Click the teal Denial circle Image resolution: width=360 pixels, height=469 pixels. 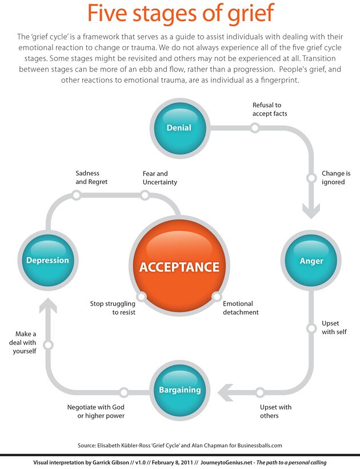click(179, 127)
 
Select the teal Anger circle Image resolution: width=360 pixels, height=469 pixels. click(311, 260)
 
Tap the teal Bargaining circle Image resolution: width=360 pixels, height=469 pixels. click(179, 390)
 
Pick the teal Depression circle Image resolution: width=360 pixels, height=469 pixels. click(47, 260)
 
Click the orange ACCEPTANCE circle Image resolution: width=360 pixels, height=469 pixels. click(179, 267)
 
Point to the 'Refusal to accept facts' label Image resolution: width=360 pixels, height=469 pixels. click(270, 109)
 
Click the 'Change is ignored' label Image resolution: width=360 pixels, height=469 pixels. click(335, 178)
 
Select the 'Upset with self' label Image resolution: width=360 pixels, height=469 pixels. click(334, 327)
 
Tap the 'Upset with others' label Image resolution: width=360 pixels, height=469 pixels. click(275, 411)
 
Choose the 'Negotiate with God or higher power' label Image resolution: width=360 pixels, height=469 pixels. click(95, 411)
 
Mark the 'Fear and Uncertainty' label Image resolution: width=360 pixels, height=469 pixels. click(159, 178)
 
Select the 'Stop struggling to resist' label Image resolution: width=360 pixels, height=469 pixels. click(113, 308)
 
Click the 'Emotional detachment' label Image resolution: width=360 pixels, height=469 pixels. click(241, 308)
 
